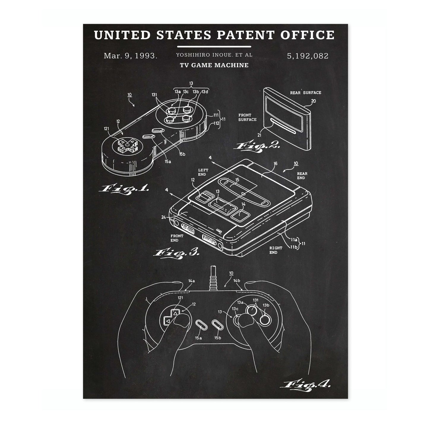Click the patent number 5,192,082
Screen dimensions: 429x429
click(x=308, y=56)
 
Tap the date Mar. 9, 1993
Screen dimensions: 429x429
click(x=131, y=56)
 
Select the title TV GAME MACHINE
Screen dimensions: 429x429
click(x=214, y=65)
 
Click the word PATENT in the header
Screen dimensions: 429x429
click(x=246, y=35)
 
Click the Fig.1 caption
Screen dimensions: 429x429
click(x=124, y=189)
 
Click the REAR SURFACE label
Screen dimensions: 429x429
click(x=305, y=93)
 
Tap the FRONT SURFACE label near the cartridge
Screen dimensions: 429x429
click(x=247, y=117)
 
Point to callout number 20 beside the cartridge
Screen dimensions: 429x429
click(x=313, y=101)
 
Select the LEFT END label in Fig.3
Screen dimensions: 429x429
click(x=203, y=172)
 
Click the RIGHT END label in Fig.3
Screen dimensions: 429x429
click(x=276, y=250)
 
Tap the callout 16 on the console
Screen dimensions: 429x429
click(x=276, y=164)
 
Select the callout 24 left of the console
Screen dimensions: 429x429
click(x=164, y=217)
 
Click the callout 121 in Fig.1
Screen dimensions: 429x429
click(x=107, y=129)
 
